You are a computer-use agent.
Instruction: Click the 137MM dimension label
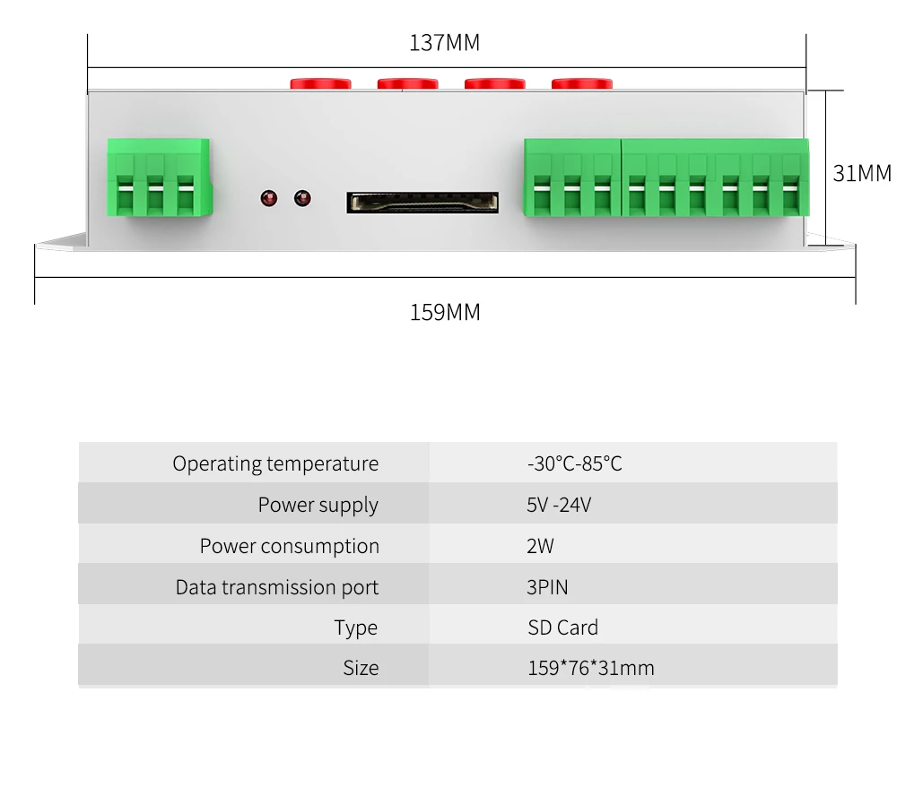click(x=445, y=43)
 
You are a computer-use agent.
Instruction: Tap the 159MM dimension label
click(x=445, y=313)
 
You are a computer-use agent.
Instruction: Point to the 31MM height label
click(x=862, y=173)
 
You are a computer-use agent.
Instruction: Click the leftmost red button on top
click(x=319, y=84)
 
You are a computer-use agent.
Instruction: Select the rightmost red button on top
click(x=581, y=84)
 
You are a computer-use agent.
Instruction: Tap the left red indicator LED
click(x=267, y=198)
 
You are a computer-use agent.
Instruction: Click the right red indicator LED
click(x=302, y=198)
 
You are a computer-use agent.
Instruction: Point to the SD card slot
click(x=422, y=202)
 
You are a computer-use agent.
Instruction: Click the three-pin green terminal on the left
click(x=159, y=177)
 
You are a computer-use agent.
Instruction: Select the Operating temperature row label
click(x=275, y=464)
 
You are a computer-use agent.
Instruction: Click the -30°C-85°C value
click(x=574, y=464)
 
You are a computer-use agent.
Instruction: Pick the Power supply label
click(x=318, y=506)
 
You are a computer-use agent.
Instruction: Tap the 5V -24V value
click(x=559, y=506)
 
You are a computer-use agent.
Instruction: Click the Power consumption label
click(x=289, y=546)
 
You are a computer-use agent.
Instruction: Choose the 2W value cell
click(x=540, y=546)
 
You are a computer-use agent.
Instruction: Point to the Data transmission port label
click(x=276, y=588)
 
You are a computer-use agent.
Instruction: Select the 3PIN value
click(x=547, y=588)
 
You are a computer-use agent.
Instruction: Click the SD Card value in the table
click(x=562, y=628)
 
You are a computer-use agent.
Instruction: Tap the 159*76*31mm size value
click(x=590, y=668)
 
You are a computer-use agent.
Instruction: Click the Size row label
click(x=361, y=668)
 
